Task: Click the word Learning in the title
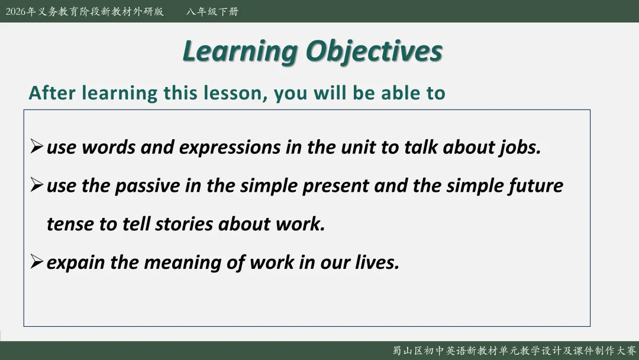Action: (240, 52)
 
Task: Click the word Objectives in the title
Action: (374, 52)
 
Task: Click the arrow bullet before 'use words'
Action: (37, 146)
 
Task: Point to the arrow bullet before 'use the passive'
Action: (37, 185)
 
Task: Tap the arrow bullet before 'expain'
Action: (37, 261)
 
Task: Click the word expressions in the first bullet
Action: (230, 148)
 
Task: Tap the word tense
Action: (70, 224)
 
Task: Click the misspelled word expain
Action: (76, 263)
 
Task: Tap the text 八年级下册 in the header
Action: (212, 11)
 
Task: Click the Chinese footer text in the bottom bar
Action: (514, 351)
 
